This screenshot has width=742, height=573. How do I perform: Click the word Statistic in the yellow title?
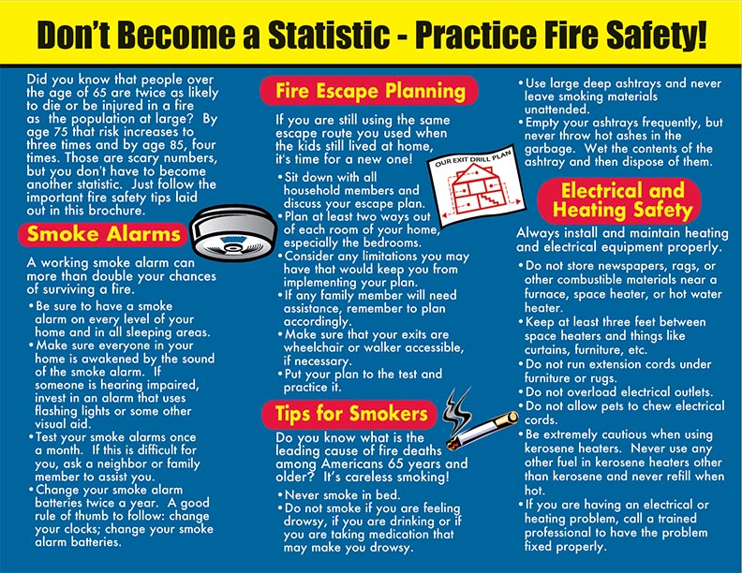point(329,35)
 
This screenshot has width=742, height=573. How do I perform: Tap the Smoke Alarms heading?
point(104,234)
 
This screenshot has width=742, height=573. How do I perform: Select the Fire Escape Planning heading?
point(369,90)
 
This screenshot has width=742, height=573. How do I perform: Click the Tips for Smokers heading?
point(350,414)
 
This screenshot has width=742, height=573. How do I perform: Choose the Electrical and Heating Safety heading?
point(619,200)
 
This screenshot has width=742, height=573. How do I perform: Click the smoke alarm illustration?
point(233,232)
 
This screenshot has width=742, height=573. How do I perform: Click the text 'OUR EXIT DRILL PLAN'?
point(473,156)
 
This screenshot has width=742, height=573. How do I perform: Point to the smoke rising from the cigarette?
point(457,409)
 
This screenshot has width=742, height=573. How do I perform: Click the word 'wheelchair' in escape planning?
point(314,347)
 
